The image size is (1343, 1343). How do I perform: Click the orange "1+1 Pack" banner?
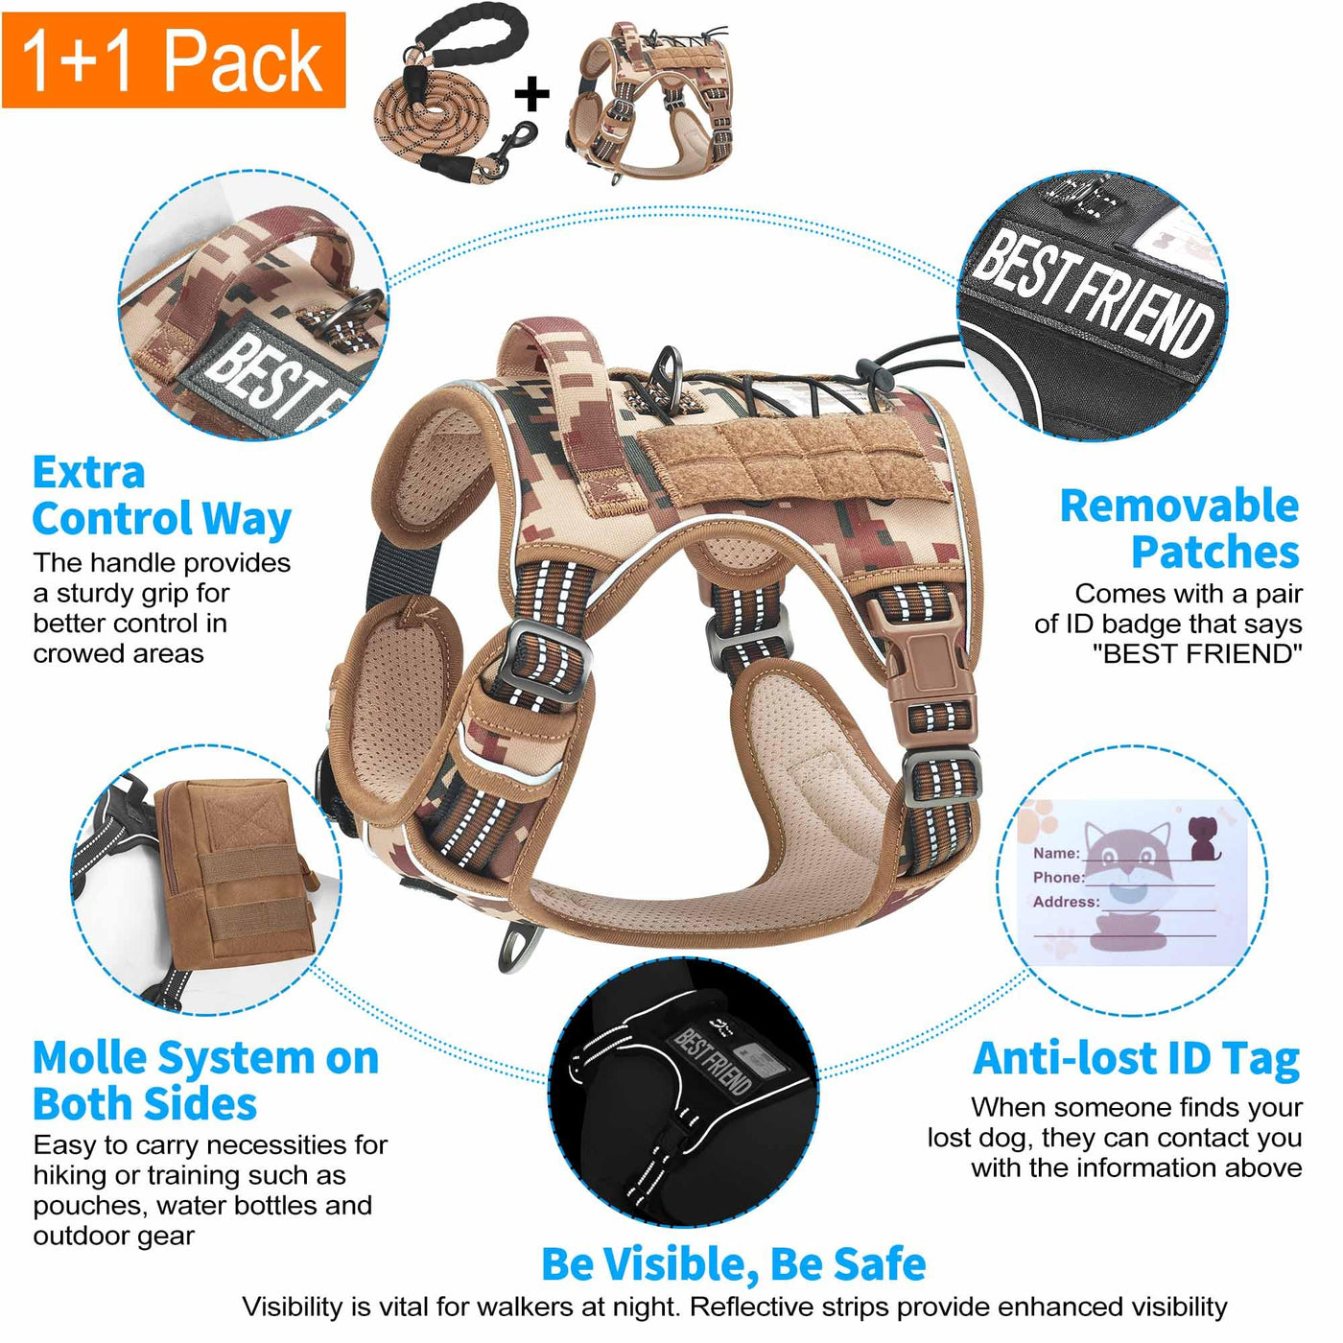174,59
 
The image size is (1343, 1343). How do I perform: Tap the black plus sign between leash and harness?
531,93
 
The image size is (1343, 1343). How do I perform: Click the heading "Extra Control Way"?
162,496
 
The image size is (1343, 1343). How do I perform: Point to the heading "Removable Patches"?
1179,530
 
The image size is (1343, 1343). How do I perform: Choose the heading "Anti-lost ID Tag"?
1136,1060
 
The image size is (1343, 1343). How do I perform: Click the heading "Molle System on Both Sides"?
205,1081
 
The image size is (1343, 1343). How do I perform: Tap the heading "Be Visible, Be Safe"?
734,1262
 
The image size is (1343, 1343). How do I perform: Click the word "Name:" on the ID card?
1056,853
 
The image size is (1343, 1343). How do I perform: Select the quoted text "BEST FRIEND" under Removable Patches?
1196,653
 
